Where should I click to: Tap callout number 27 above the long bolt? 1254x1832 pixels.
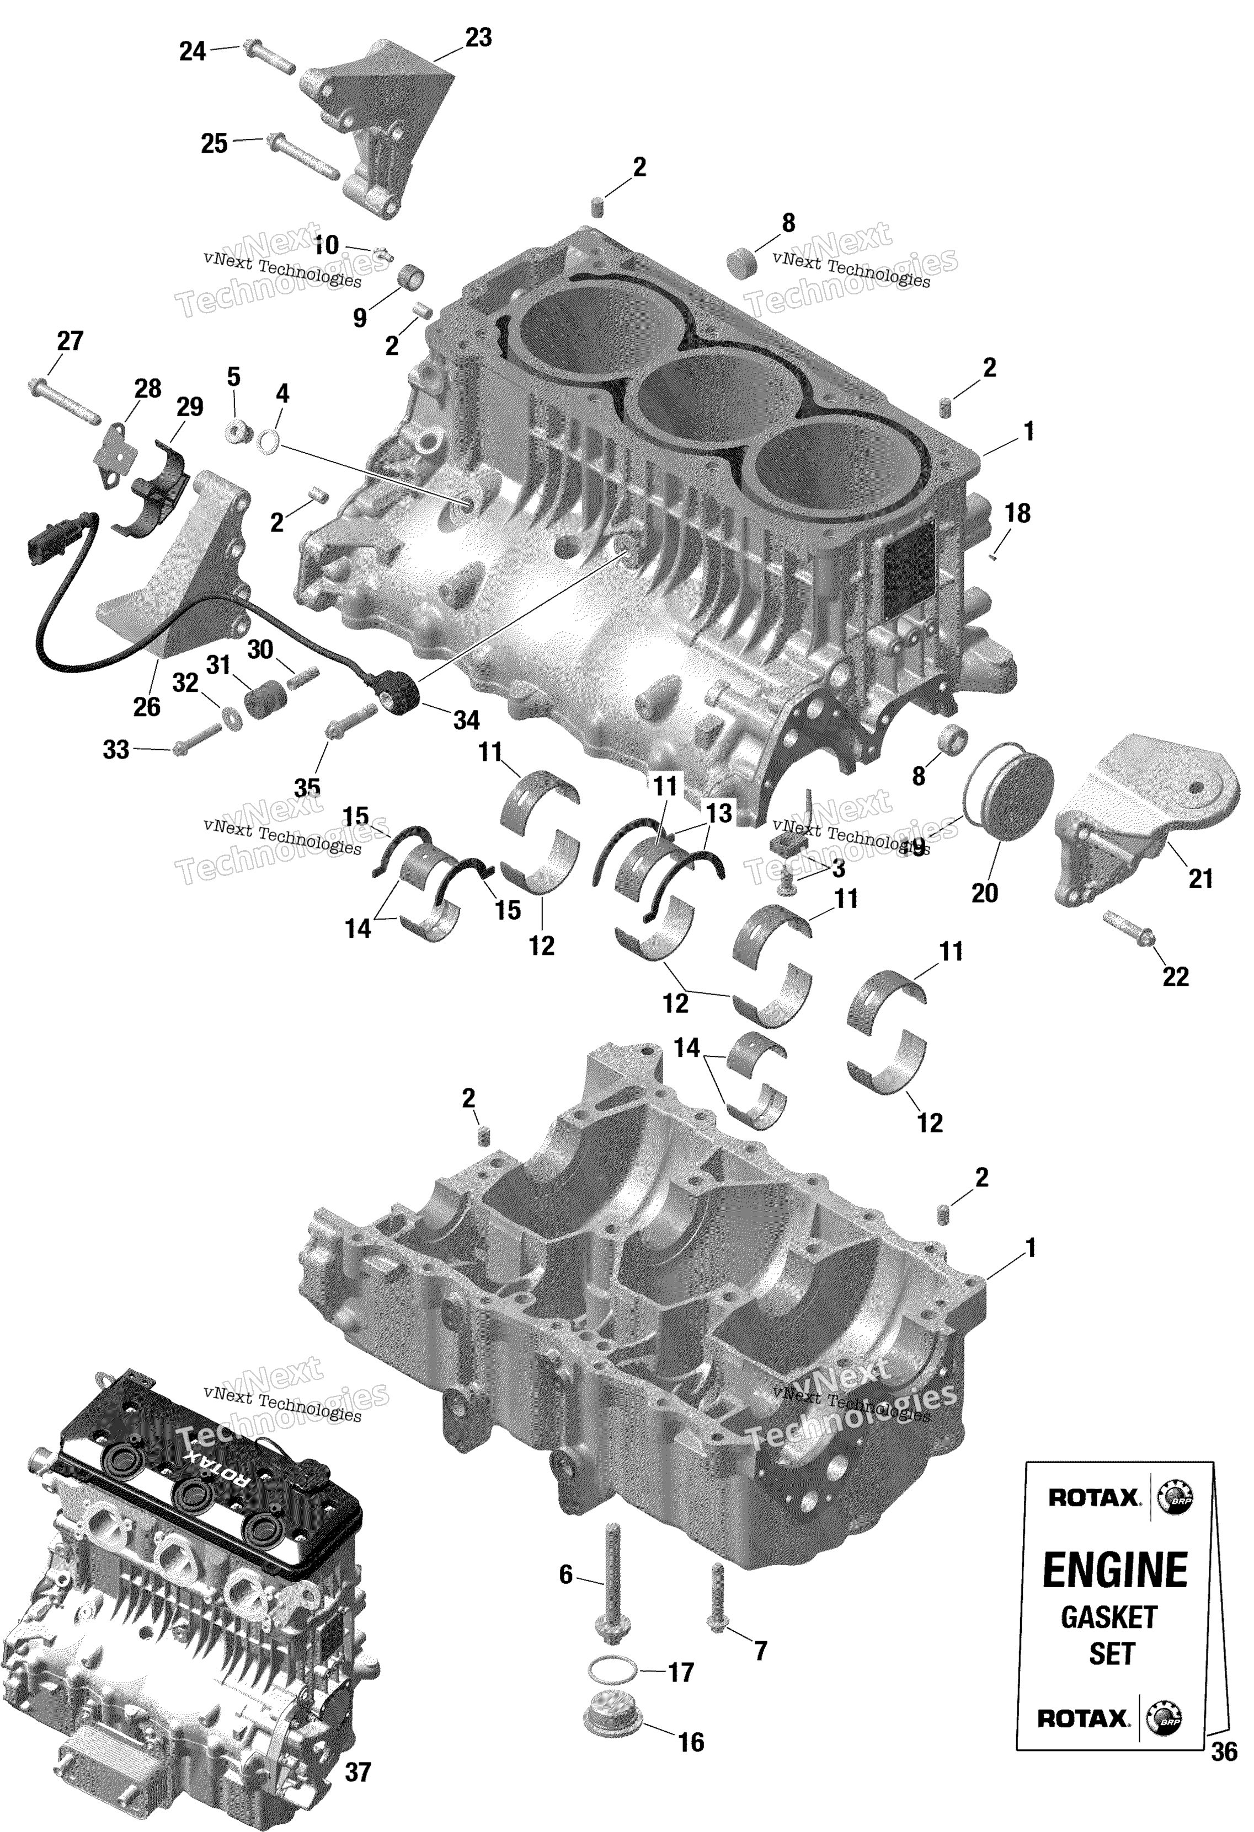coord(70,341)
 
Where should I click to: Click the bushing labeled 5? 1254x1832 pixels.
coord(237,431)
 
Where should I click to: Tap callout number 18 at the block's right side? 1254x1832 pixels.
coord(1017,514)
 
